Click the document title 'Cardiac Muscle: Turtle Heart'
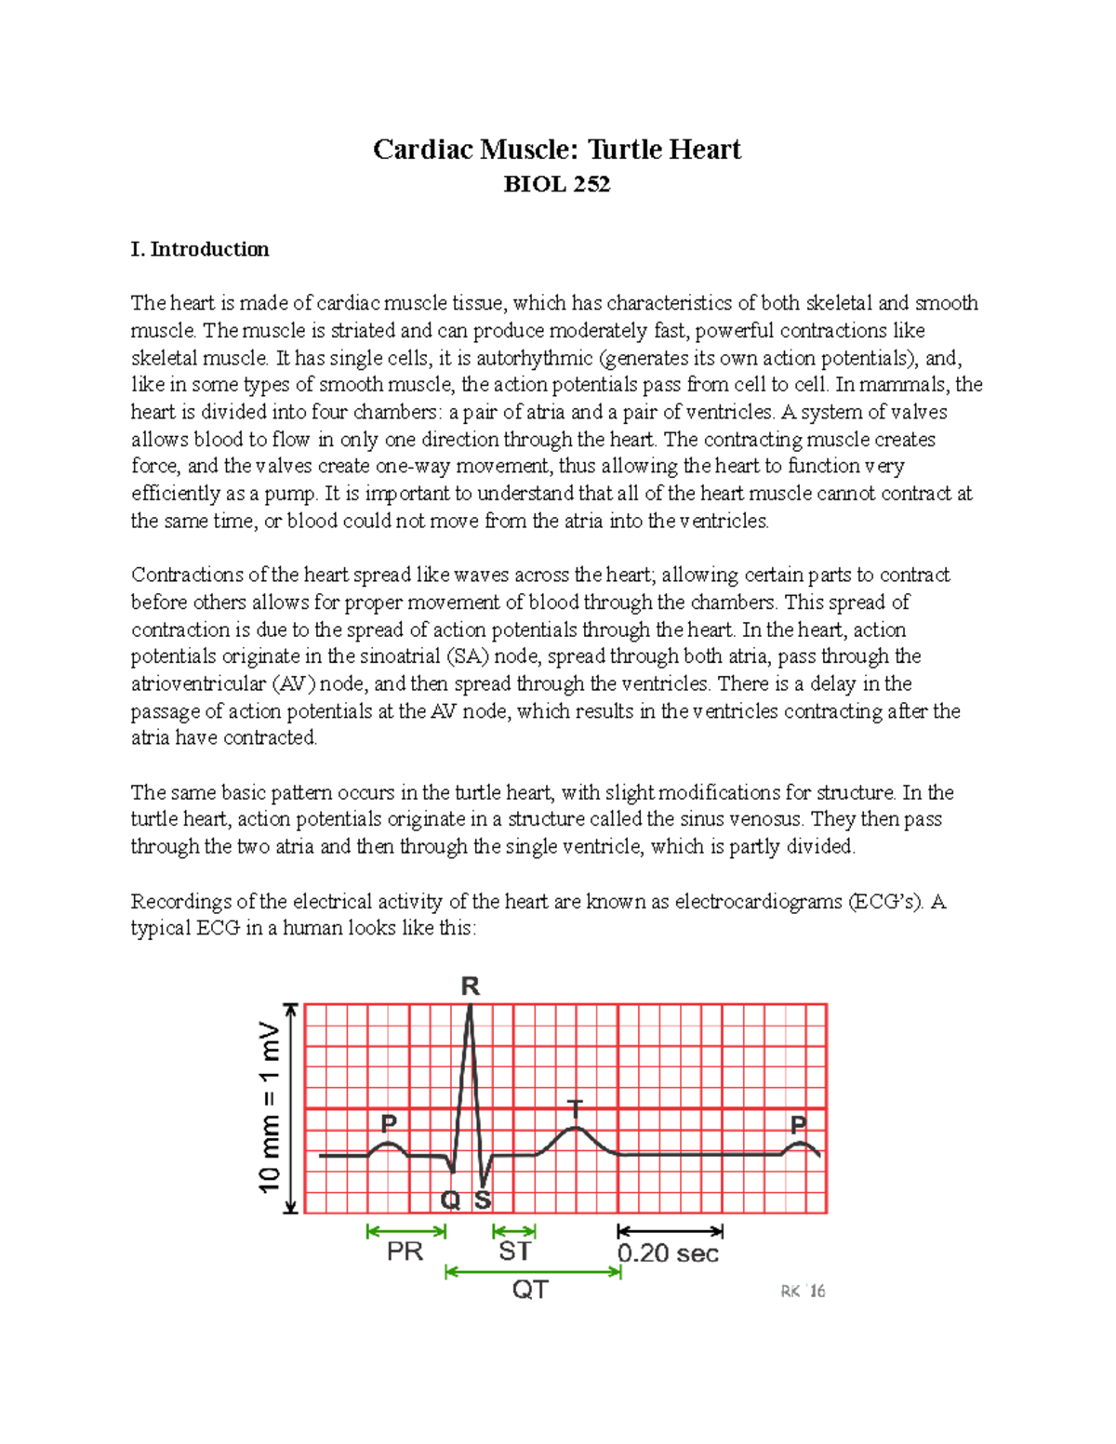pyautogui.click(x=556, y=150)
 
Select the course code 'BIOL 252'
pyautogui.click(x=556, y=184)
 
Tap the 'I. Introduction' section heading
pyautogui.click(x=200, y=249)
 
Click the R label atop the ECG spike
pyautogui.click(x=470, y=987)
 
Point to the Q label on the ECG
pyautogui.click(x=450, y=1200)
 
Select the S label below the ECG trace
pyautogui.click(x=483, y=1200)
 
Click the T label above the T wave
pyautogui.click(x=576, y=1107)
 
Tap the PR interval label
pyautogui.click(x=405, y=1252)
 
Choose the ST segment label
pyautogui.click(x=514, y=1252)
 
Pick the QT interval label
pyautogui.click(x=530, y=1290)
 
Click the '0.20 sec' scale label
pyautogui.click(x=668, y=1253)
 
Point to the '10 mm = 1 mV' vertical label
pyautogui.click(x=269, y=1107)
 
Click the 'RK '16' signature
pyautogui.click(x=803, y=1292)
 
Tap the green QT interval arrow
pyautogui.click(x=533, y=1271)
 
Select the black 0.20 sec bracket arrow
pyautogui.click(x=670, y=1231)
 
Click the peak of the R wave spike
pyautogui.click(x=470, y=1007)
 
